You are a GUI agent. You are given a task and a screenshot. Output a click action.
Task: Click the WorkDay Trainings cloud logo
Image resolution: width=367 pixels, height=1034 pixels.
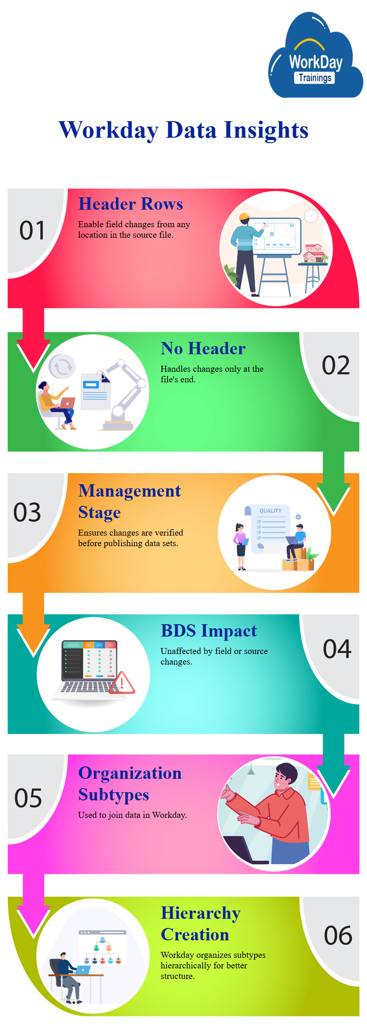pyautogui.click(x=315, y=56)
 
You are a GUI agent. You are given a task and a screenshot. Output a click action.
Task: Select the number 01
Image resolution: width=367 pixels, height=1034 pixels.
pyautogui.click(x=32, y=230)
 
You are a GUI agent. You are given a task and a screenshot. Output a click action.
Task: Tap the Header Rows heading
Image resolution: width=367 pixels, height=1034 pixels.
pyautogui.click(x=131, y=204)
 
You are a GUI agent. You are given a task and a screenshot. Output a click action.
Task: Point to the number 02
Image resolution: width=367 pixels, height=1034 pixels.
pyautogui.click(x=336, y=365)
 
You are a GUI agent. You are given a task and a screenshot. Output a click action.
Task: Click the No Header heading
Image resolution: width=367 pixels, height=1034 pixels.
pyautogui.click(x=203, y=348)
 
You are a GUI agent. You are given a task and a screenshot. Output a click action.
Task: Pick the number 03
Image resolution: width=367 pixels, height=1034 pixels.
pyautogui.click(x=27, y=512)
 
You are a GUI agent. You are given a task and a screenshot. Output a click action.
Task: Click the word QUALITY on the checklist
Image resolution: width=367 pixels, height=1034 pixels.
pyautogui.click(x=271, y=511)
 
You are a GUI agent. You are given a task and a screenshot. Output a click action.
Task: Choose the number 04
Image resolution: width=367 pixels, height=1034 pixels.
pyautogui.click(x=337, y=649)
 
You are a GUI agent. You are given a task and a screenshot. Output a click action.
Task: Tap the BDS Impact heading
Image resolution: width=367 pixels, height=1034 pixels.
pyautogui.click(x=209, y=631)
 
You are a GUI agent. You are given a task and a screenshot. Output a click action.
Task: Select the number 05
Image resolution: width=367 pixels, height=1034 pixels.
pyautogui.click(x=28, y=798)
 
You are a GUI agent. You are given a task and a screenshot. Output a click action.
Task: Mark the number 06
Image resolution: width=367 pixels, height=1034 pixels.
pyautogui.click(x=338, y=935)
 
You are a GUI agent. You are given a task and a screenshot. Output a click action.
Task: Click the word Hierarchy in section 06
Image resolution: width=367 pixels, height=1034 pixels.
pyautogui.click(x=200, y=914)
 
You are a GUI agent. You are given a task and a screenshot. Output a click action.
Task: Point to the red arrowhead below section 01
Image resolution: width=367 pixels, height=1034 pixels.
pyautogui.click(x=33, y=356)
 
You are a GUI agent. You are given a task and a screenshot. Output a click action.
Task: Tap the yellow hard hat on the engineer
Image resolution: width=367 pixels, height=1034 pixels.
pyautogui.click(x=244, y=216)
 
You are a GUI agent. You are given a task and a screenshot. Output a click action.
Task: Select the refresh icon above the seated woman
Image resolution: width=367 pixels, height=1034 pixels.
pyautogui.click(x=62, y=366)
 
